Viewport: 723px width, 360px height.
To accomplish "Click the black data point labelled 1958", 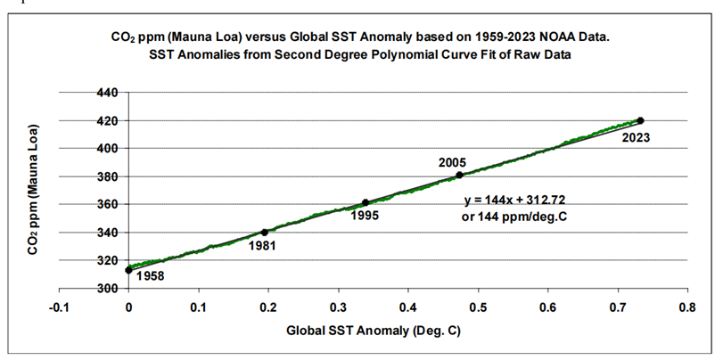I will [129, 269].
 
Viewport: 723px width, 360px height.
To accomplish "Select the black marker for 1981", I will [265, 232].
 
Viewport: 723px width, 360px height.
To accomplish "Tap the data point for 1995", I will [366, 202].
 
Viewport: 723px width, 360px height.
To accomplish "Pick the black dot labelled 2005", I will [459, 175].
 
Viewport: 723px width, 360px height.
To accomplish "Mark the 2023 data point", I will [640, 120].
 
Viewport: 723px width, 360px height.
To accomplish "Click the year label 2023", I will [636, 137].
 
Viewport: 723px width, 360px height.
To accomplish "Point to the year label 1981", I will [262, 246].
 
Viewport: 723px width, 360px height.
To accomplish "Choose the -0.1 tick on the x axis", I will [58, 307].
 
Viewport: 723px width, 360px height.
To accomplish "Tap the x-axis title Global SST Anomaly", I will [373, 331].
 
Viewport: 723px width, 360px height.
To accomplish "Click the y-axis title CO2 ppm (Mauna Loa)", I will [33, 190].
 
